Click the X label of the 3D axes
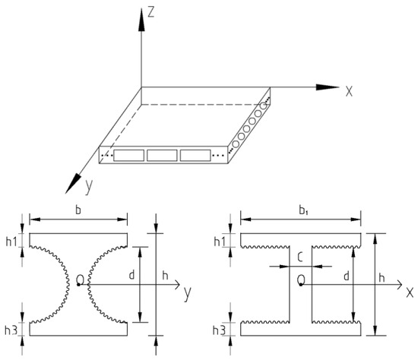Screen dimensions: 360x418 [349, 90]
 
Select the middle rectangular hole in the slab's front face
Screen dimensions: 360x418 [162, 155]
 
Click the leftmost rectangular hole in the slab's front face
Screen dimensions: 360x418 [128, 155]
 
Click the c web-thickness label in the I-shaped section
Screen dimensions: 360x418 [302, 256]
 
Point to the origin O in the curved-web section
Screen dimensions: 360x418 [80, 282]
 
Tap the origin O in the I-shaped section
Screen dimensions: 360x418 [302, 282]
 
